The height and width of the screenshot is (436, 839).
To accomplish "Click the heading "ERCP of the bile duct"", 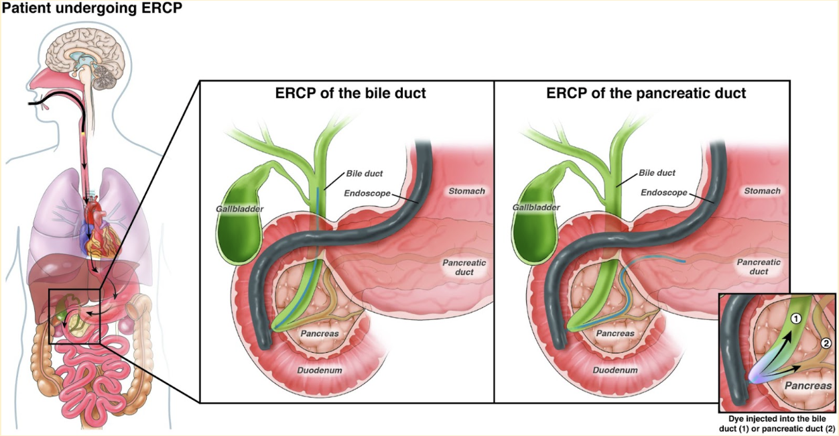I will (350, 93).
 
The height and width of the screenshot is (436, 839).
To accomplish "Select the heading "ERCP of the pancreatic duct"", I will (646, 93).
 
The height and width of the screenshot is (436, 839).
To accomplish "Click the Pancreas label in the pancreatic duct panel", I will (615, 333).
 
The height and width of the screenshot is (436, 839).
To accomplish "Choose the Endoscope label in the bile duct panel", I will (367, 193).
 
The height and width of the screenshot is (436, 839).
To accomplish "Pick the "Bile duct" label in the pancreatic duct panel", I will (656, 173).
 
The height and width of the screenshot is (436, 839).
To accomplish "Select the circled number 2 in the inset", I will (826, 343).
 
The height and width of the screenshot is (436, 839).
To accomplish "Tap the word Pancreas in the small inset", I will (808, 386).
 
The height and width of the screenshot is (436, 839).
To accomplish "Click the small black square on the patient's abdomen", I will (74, 315).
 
